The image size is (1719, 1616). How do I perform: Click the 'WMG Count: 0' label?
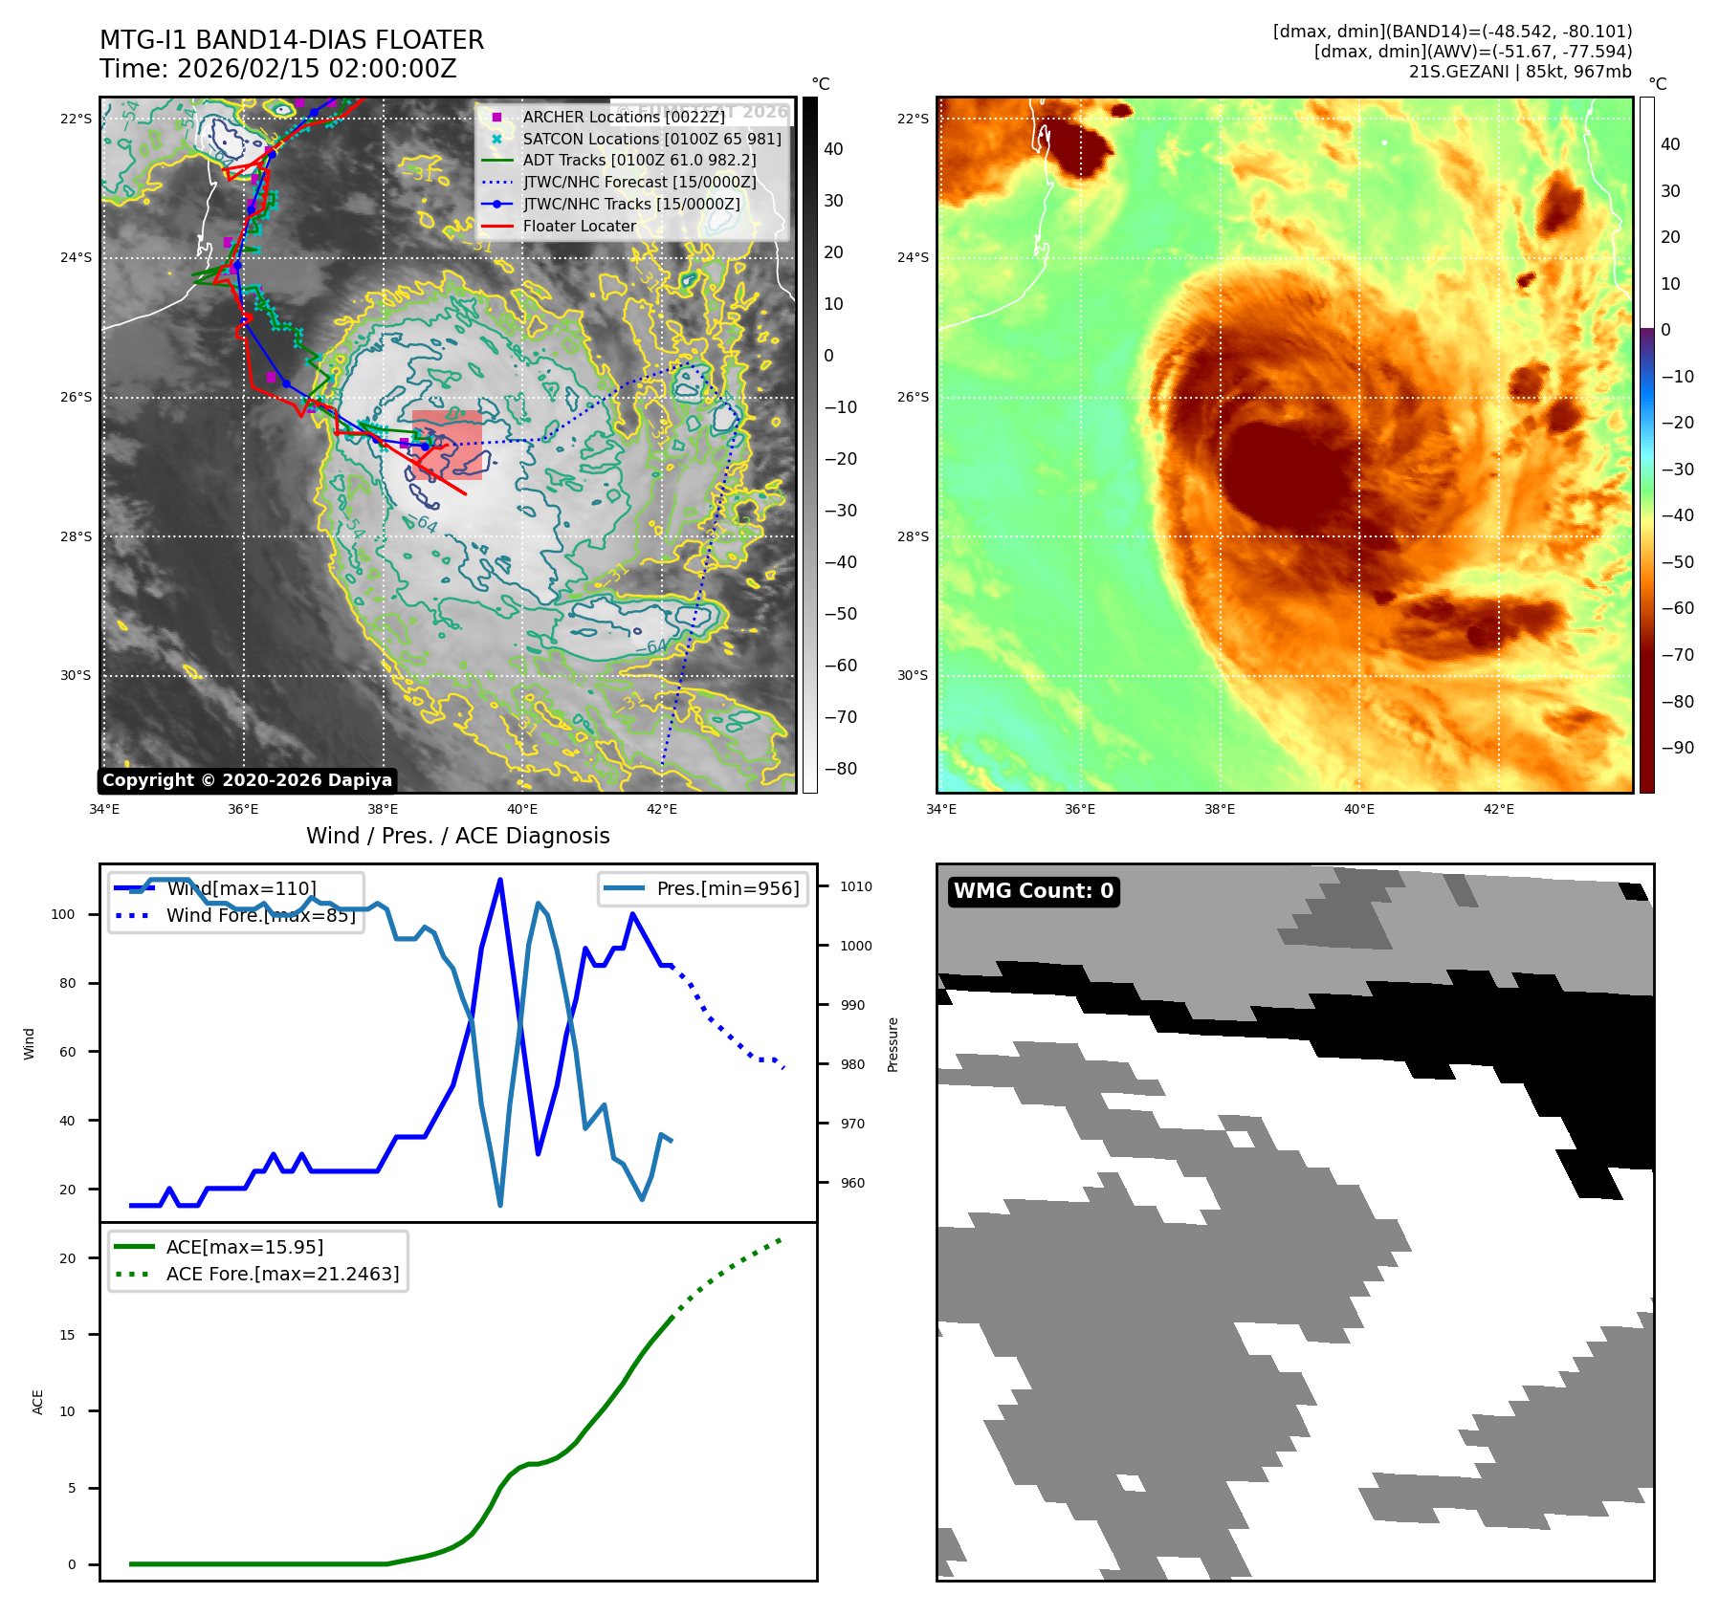coord(1033,891)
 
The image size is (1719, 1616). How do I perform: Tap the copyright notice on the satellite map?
coord(247,780)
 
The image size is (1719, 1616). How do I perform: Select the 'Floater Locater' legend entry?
coord(579,227)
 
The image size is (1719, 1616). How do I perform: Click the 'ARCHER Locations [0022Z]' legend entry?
coord(624,118)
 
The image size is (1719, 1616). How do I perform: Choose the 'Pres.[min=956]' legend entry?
coord(727,888)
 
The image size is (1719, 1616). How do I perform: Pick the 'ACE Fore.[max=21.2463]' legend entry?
coord(282,1274)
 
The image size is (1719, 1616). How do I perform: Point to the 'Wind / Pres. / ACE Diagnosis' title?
coord(457,836)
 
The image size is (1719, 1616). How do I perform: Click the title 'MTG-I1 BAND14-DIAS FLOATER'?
coord(292,40)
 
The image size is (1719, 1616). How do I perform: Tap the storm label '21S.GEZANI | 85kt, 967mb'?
coord(1520,72)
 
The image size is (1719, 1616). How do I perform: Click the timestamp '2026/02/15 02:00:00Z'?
coord(317,69)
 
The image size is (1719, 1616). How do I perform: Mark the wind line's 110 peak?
coord(500,880)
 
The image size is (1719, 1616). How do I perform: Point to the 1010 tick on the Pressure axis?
coord(855,886)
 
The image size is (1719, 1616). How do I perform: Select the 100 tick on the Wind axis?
coord(63,914)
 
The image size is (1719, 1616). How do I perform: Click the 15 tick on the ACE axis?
coord(67,1335)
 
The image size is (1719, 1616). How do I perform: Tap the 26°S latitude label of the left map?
coord(77,397)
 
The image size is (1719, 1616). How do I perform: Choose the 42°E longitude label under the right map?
coord(1498,809)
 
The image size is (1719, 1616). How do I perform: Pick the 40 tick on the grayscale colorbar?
coord(833,149)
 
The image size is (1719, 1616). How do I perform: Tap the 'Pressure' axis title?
coord(893,1044)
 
